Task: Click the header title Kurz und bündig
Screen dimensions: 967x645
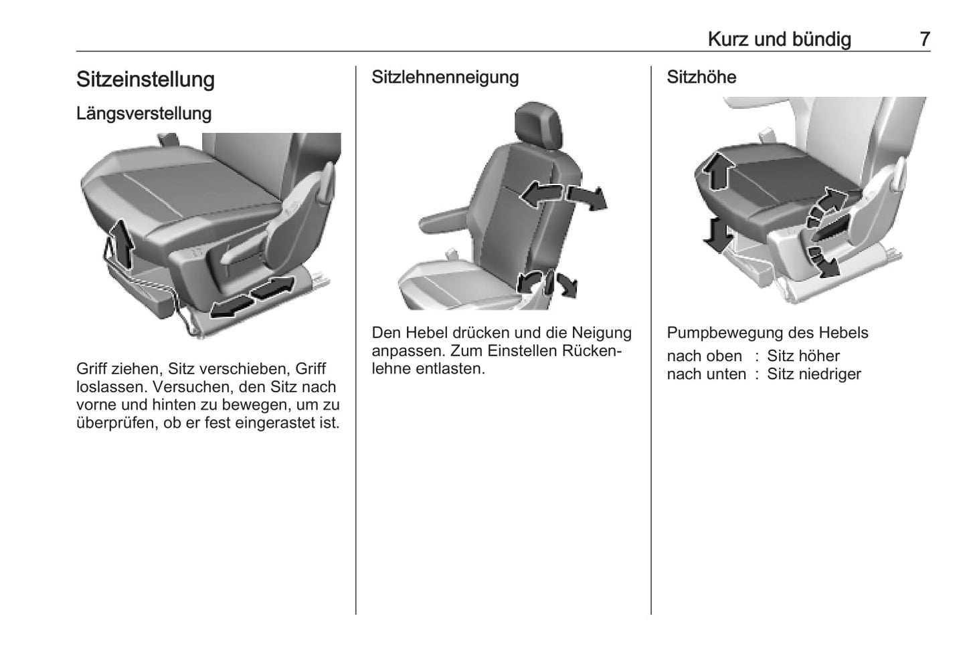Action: point(779,39)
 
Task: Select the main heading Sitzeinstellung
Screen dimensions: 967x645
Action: point(145,80)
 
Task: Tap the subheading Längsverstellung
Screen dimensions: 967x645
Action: point(144,114)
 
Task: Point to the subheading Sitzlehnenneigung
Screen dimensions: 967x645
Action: point(444,78)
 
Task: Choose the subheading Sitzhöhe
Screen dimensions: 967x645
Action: point(701,77)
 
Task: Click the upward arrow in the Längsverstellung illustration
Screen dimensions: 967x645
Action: point(122,244)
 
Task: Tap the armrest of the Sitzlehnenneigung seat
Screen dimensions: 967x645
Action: point(444,221)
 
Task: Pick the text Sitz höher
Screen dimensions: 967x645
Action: point(803,356)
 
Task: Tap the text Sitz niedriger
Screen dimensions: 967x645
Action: point(814,374)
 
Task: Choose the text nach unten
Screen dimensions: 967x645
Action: point(706,374)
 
